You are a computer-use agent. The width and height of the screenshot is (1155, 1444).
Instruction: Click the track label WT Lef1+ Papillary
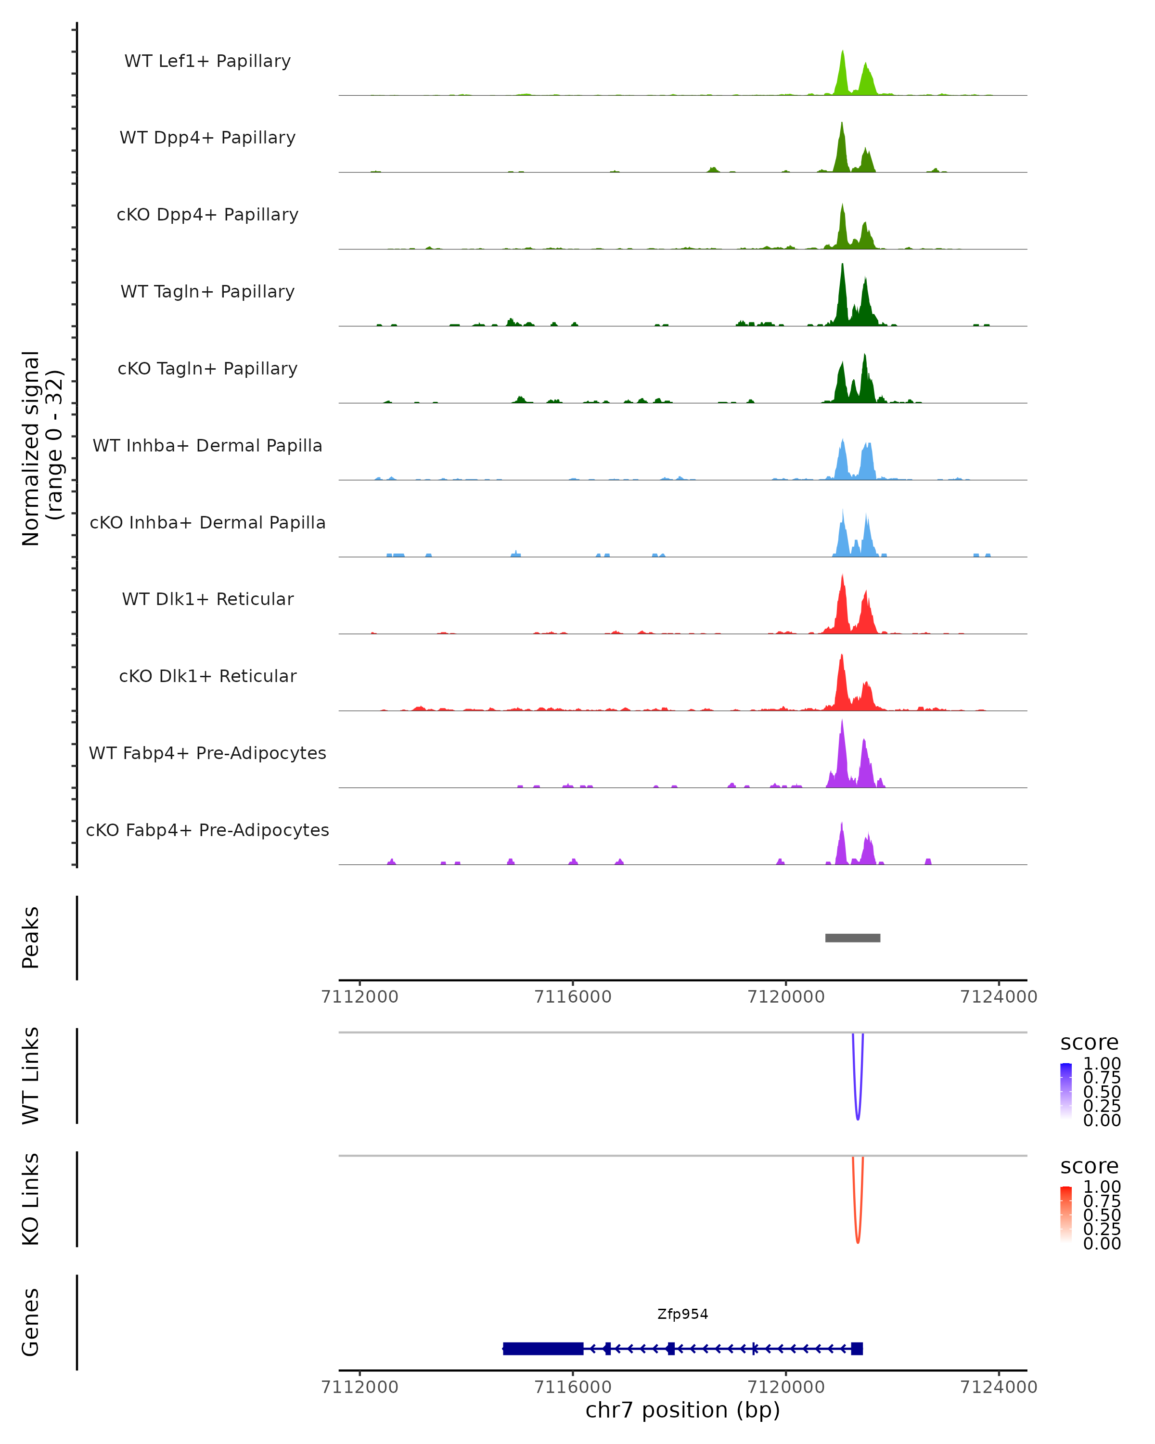pyautogui.click(x=207, y=61)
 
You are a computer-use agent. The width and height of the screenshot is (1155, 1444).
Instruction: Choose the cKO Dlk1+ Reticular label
pyautogui.click(x=207, y=676)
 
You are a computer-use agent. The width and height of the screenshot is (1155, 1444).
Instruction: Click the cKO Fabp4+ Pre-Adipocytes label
pyautogui.click(x=207, y=830)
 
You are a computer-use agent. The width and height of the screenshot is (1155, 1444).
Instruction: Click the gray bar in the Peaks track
pyautogui.click(x=852, y=938)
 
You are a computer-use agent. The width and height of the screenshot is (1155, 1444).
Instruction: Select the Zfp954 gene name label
pyautogui.click(x=682, y=1314)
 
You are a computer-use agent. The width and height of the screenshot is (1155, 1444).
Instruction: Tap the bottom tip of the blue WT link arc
pyautogui.click(x=858, y=1119)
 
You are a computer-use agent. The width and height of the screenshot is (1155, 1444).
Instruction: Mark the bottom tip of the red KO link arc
pyautogui.click(x=858, y=1242)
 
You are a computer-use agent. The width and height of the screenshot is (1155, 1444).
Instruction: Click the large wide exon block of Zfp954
pyautogui.click(x=543, y=1348)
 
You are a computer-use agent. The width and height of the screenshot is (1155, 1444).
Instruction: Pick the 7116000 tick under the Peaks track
pyautogui.click(x=573, y=997)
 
